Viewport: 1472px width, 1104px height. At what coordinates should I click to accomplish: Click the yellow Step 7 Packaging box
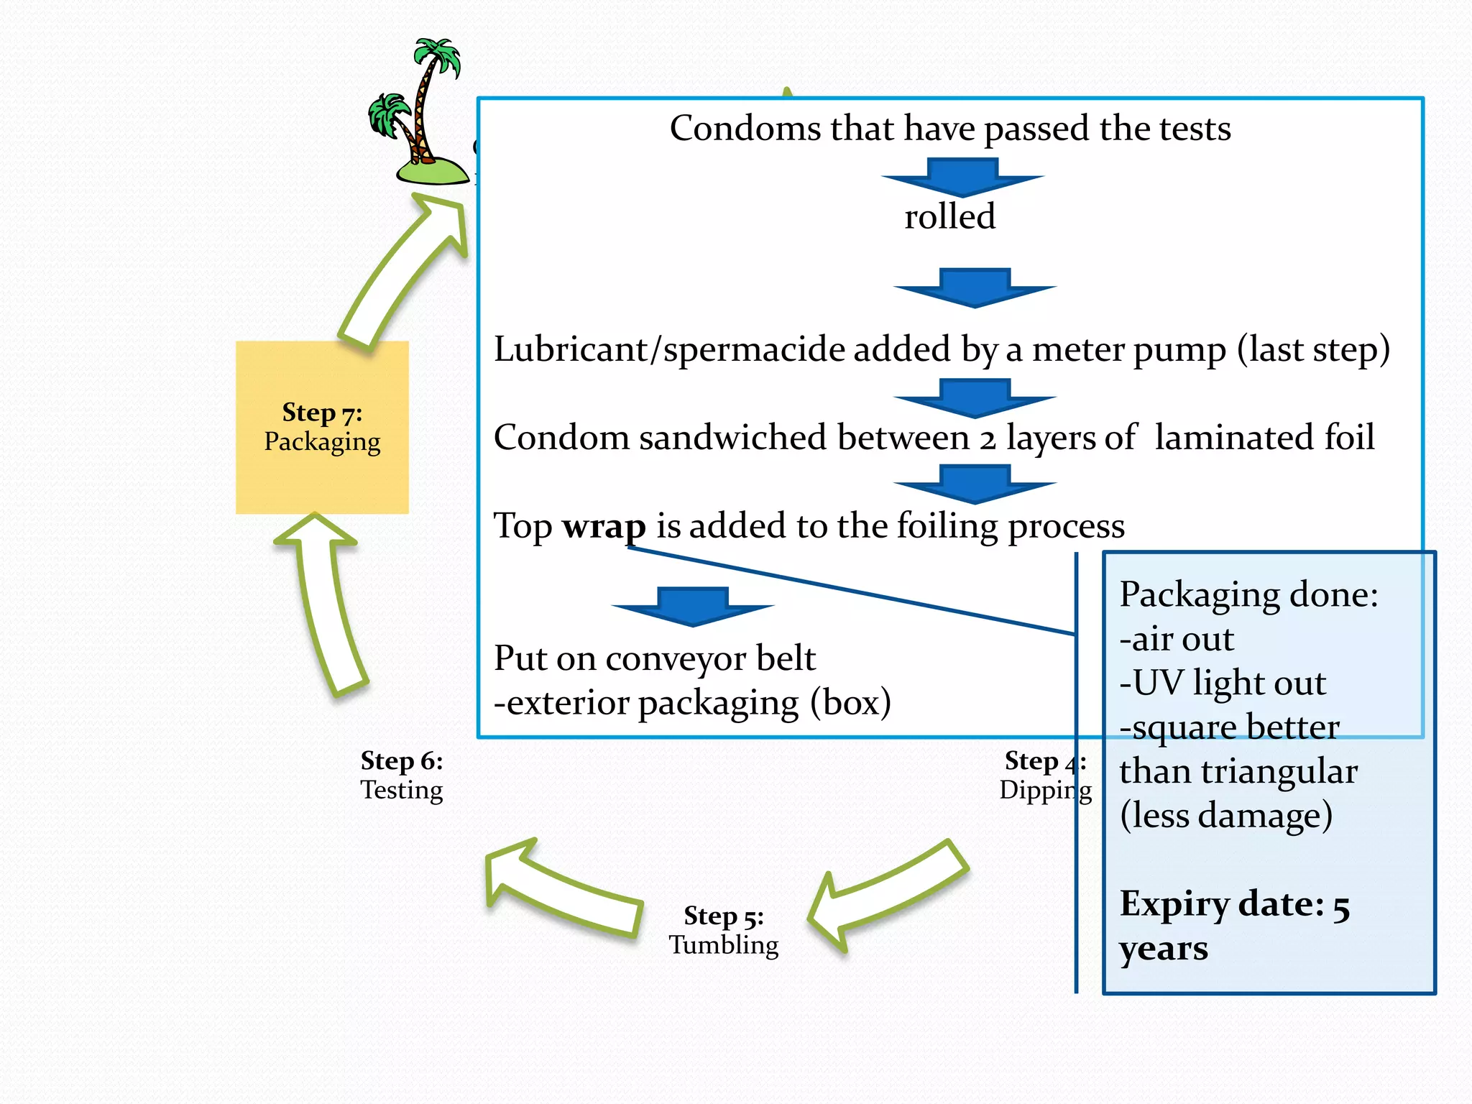322,427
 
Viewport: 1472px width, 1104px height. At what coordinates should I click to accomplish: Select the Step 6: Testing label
402,776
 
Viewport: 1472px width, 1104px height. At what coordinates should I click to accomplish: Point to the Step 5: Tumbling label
724,930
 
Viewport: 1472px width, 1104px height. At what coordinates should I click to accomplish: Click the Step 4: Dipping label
1044,776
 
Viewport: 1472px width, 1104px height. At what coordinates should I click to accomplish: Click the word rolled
949,216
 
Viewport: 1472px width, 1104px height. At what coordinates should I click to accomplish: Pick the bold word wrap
604,526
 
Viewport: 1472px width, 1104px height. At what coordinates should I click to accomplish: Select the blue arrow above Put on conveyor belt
693,606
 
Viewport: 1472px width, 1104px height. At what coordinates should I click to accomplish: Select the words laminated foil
1264,438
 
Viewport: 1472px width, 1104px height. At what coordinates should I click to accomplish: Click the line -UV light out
1223,683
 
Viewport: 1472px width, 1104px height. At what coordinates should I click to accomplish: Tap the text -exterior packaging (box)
692,702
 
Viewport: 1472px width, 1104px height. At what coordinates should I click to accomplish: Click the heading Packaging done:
1248,594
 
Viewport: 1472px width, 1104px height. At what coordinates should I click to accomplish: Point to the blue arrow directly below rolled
975,287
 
